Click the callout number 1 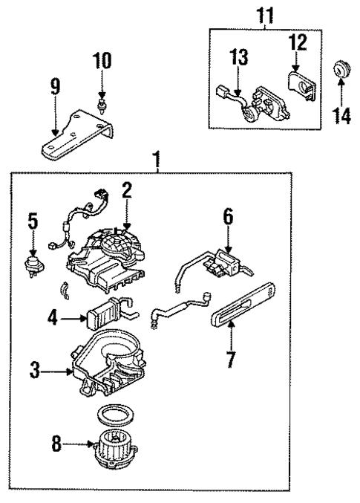tap(155, 158)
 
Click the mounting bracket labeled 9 tap(82, 134)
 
